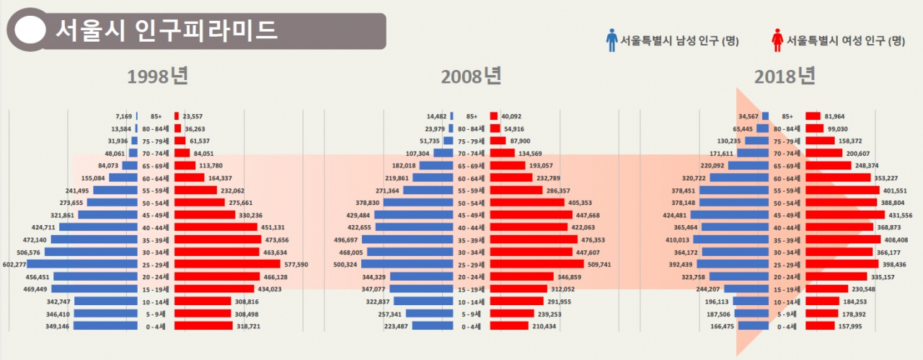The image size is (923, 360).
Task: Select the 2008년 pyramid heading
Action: (472, 76)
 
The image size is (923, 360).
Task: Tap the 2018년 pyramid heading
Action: (785, 76)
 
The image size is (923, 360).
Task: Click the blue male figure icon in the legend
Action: (611, 40)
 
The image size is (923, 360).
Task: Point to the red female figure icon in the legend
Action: (777, 40)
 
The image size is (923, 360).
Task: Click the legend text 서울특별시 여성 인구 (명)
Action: (846, 40)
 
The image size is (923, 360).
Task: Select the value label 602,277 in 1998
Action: (14, 264)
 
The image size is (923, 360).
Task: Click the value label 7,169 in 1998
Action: (123, 116)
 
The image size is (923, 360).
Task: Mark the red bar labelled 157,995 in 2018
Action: (818, 326)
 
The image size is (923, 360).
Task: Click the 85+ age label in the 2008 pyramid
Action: (472, 116)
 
